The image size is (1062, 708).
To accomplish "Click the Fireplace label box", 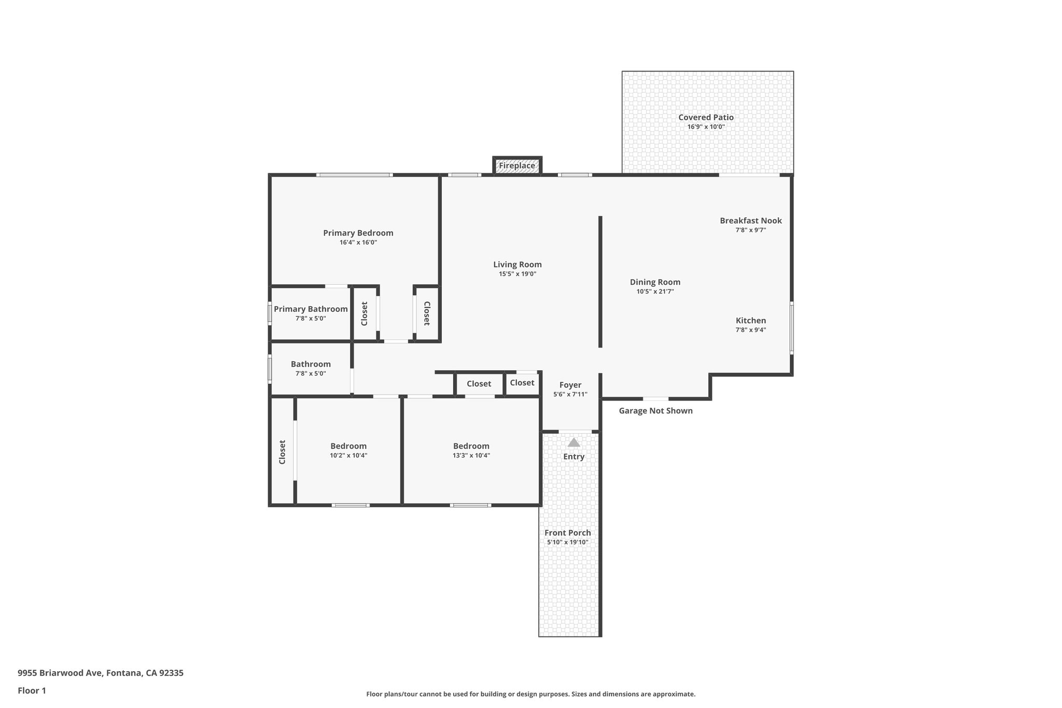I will pos(517,166).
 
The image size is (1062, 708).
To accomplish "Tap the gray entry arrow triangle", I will pos(574,442).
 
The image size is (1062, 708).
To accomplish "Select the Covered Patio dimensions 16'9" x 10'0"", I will pos(706,127).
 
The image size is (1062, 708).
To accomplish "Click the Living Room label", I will pos(517,265).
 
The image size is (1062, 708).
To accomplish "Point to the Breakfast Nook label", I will pos(750,220).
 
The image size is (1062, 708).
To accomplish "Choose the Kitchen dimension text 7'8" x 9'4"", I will pos(750,330).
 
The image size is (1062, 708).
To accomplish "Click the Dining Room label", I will pos(655,282).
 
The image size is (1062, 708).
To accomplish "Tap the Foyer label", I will pos(570,385).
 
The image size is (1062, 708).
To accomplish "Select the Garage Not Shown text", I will pos(655,411).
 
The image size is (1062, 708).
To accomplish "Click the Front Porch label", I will pos(567,533).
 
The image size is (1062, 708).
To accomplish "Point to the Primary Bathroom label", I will pos(311,309).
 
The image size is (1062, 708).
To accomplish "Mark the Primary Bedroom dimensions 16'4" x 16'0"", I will pos(358,242).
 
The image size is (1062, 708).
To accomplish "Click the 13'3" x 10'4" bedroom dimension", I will pos(471,455).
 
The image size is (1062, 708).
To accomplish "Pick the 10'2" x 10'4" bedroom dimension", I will pos(348,455).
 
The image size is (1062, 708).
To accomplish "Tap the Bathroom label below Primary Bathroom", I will pos(311,364).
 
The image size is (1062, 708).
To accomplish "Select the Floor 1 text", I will pos(32,690).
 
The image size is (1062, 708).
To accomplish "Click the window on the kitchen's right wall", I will pos(792,328).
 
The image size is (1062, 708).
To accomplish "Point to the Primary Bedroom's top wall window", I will pos(354,175).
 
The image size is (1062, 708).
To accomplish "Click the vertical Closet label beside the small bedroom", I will pos(282,452).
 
